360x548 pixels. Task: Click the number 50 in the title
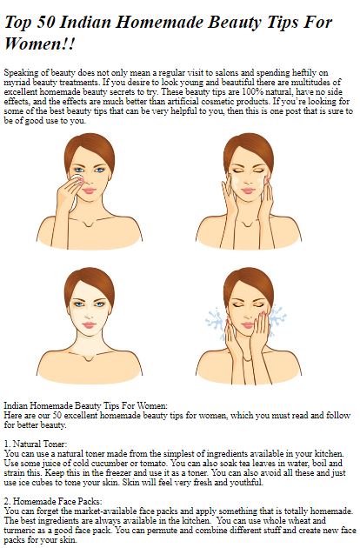click(x=45, y=23)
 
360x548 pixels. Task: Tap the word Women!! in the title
click(x=39, y=44)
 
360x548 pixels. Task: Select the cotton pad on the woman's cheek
click(x=75, y=190)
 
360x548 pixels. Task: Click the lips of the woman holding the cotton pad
click(x=89, y=190)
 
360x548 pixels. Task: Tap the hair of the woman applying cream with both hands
click(x=249, y=150)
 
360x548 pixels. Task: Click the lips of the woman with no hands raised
click(x=89, y=325)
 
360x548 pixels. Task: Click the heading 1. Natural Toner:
click(x=36, y=444)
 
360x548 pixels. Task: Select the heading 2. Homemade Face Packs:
click(x=53, y=502)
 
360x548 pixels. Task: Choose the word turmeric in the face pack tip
click(x=17, y=531)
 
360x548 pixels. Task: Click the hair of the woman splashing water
click(x=249, y=284)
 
